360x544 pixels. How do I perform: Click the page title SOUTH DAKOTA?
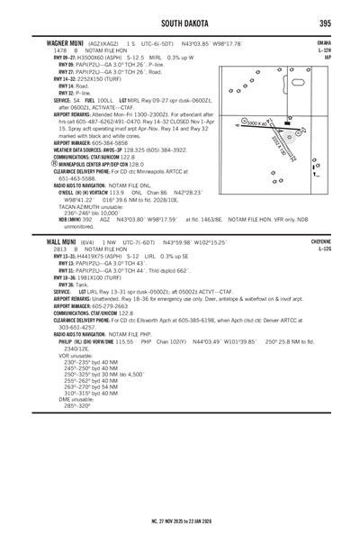pyautogui.click(x=180, y=23)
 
